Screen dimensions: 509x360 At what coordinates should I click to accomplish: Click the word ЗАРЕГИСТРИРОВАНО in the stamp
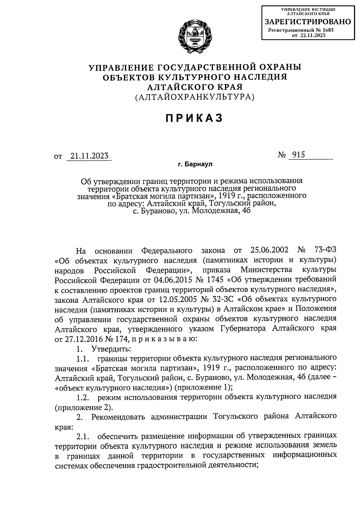(307, 22)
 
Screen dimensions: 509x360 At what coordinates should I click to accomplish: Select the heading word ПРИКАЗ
(194, 118)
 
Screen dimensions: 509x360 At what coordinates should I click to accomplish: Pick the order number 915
(297, 155)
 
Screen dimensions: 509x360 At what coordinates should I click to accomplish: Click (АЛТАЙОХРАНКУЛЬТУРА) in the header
(194, 97)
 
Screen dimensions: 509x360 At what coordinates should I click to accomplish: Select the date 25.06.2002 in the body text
(269, 250)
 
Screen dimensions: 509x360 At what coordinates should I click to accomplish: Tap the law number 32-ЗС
(221, 299)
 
